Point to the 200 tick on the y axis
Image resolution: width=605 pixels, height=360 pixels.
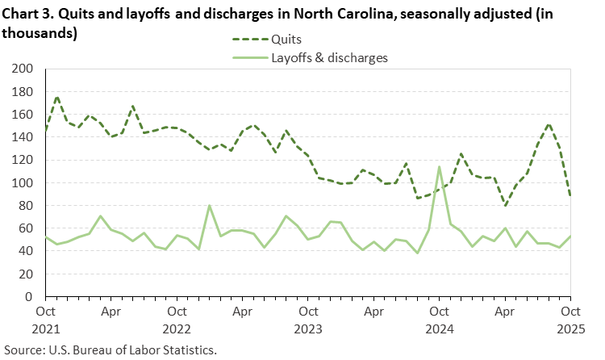pos(23,69)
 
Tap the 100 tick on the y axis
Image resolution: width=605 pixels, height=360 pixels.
pos(23,183)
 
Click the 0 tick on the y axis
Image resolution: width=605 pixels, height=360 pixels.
pos(29,297)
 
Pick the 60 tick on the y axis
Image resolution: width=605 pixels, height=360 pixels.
pos(26,229)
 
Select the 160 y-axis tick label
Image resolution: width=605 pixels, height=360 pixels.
pos(23,115)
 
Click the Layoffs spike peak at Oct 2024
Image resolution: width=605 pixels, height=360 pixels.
pos(439,167)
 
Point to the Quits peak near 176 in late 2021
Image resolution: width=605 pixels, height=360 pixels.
pos(56,97)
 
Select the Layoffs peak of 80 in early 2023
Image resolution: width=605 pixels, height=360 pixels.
pos(210,206)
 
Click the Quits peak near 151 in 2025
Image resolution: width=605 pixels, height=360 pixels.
pos(549,124)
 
